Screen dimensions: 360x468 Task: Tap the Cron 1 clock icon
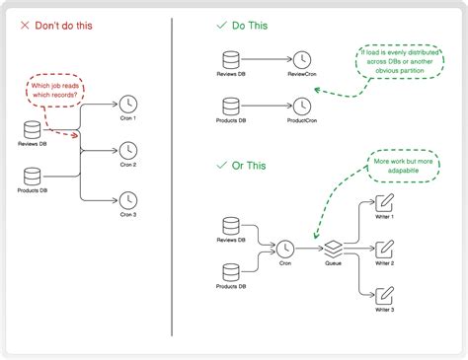pos(127,103)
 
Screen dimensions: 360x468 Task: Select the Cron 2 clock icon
pos(127,150)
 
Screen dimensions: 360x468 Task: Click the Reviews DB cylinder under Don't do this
pos(34,129)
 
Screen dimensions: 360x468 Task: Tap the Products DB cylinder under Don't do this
pos(34,176)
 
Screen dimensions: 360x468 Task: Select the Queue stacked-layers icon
pos(334,249)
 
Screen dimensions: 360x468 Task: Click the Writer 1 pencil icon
pos(385,202)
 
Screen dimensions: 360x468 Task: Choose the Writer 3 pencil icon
pos(385,295)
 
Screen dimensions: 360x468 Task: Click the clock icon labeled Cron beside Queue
pos(285,249)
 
